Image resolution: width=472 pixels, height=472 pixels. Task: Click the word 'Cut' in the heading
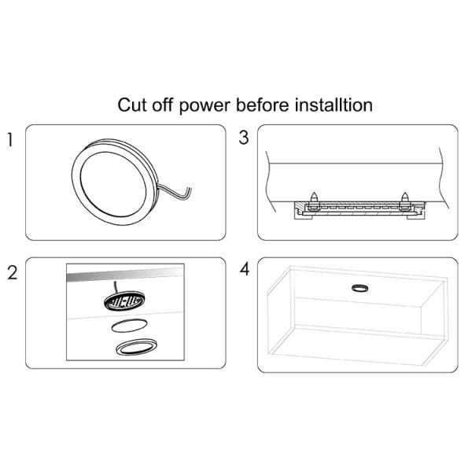131,105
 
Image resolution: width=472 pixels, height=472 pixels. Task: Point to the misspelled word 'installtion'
337,105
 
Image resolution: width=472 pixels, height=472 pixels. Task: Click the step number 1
10,141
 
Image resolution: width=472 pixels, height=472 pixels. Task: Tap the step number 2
11,273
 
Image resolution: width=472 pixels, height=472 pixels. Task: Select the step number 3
243,138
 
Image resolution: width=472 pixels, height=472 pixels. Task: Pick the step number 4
244,270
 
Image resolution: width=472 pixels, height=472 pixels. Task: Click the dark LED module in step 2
125,302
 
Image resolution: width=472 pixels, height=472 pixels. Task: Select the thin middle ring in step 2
127,326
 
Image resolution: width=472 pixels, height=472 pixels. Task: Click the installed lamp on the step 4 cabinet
359,287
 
